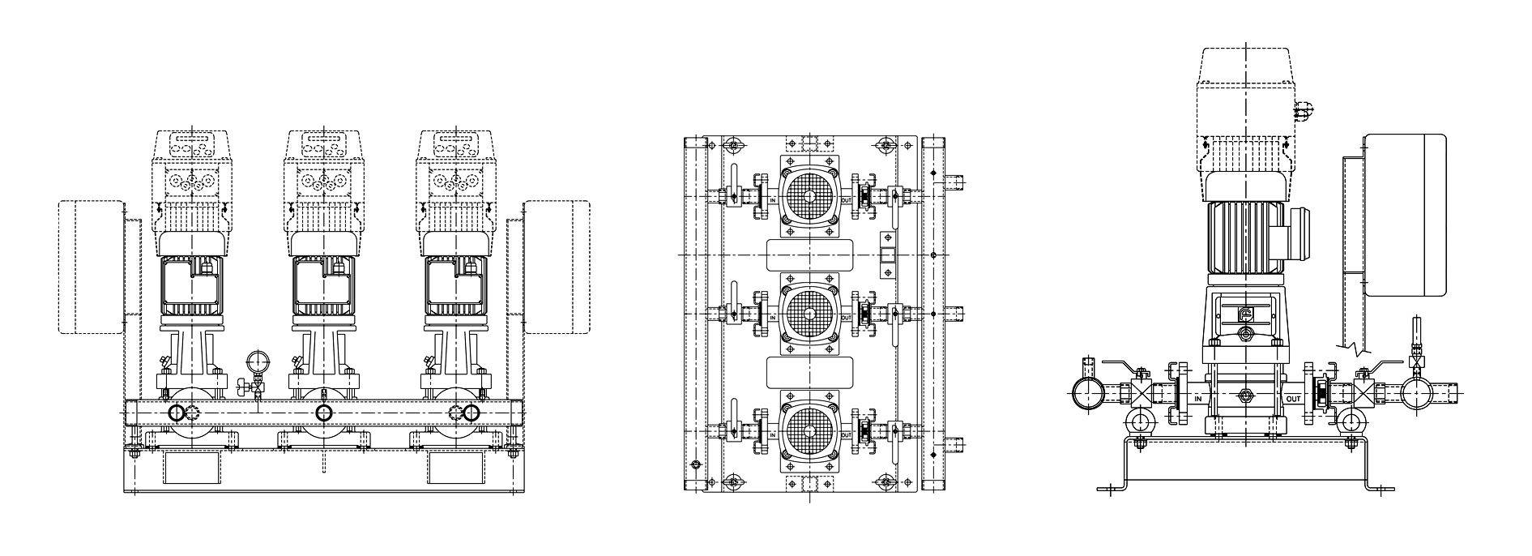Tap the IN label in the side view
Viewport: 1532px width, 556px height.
[x=1198, y=398]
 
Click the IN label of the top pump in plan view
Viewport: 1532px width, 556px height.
[x=773, y=200]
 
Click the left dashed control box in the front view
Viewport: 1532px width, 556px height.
[x=91, y=267]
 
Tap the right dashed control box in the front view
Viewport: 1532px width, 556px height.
[x=557, y=267]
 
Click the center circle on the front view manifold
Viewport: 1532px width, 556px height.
[x=323, y=413]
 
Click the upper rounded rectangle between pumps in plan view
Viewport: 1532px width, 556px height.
[x=809, y=254]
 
